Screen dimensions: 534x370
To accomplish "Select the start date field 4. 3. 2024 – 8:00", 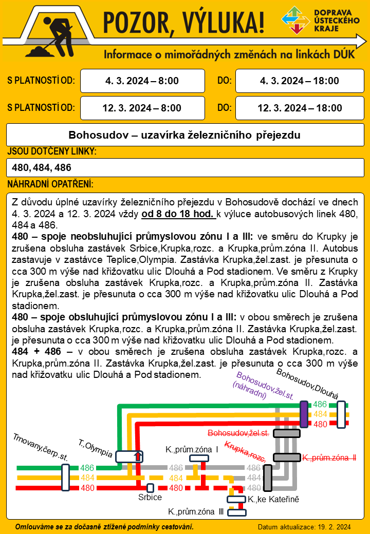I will pyautogui.click(x=142, y=81).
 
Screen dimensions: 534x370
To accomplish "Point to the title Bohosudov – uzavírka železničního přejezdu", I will pyautogui.click(x=184, y=136).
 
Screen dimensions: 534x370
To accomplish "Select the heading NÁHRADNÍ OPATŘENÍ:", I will pyautogui.click(x=50, y=184).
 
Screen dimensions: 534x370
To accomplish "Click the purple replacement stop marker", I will pyautogui.click(x=304, y=414).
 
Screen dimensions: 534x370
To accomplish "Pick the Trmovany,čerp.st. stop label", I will pyautogui.click(x=41, y=446).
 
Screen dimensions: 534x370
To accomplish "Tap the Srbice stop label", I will pyautogui.click(x=150, y=497).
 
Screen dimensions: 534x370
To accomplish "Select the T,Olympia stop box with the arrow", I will pyautogui.click(x=129, y=456).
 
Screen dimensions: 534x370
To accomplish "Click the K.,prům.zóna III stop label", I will pyautogui.click(x=196, y=511).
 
